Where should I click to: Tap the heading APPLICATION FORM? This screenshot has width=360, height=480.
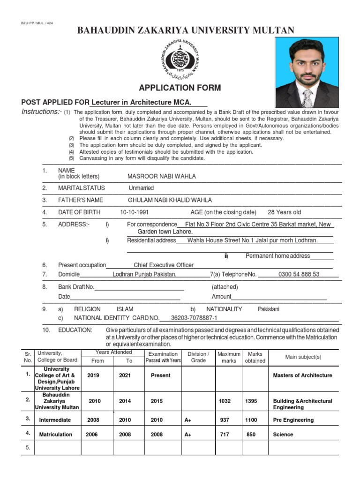(x=180, y=88)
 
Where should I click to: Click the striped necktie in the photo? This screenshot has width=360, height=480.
(x=307, y=98)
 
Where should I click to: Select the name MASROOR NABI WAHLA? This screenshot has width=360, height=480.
(x=162, y=176)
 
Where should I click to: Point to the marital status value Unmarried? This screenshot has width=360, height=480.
(x=141, y=188)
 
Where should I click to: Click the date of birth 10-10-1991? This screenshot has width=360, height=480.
(x=134, y=212)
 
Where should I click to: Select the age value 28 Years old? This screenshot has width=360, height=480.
(x=284, y=212)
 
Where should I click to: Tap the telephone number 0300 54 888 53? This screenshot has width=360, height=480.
(x=299, y=274)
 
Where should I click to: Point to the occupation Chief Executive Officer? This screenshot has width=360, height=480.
(x=164, y=265)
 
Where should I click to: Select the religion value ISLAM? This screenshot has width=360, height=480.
(x=125, y=309)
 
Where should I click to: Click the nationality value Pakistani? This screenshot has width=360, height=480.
(x=269, y=309)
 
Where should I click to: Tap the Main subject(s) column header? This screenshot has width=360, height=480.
(x=303, y=357)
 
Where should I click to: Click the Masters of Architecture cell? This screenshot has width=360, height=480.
(x=302, y=375)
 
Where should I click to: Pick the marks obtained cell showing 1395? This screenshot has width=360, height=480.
(x=251, y=401)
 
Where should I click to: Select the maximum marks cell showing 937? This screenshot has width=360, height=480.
(x=225, y=420)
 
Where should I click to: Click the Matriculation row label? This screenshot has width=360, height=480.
(x=56, y=435)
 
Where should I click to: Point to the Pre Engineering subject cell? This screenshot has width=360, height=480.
(x=293, y=420)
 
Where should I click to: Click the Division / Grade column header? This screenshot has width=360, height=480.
(x=198, y=357)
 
